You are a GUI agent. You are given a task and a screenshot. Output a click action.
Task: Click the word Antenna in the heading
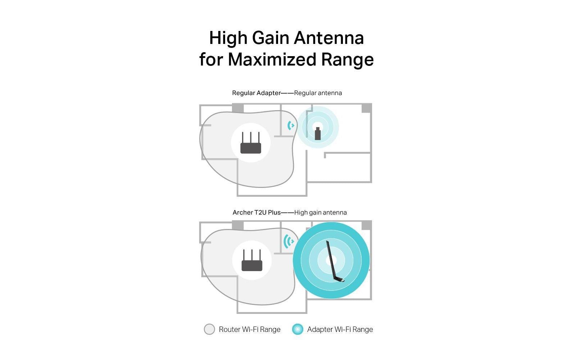pos(329,38)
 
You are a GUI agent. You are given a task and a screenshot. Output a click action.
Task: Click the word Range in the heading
pos(348,59)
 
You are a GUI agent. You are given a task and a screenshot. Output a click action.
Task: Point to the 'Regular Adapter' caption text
pos(256,93)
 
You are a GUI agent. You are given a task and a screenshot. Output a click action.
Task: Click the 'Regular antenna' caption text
pos(318,93)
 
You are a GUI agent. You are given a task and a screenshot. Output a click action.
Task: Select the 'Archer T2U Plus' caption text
pos(256,212)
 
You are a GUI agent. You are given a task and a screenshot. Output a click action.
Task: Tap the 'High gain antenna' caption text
pos(321,212)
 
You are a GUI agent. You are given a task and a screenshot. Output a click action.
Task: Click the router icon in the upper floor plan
pos(251,143)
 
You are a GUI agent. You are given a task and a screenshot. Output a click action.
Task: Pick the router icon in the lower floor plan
pos(252,260)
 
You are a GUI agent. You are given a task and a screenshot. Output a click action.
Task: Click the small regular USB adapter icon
pos(318,134)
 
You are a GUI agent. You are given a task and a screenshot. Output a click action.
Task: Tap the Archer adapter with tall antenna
pos(335,261)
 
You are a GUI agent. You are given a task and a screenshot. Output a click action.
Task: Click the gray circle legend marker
pos(209,329)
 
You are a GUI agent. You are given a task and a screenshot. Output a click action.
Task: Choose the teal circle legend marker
pos(298,329)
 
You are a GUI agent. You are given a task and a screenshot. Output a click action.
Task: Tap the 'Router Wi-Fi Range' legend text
pos(250,329)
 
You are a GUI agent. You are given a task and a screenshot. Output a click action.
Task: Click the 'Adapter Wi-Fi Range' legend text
pos(340,329)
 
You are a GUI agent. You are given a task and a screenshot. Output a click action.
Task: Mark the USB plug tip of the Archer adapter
pos(344,281)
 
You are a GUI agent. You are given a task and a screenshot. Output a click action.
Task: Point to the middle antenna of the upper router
pos(251,138)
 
